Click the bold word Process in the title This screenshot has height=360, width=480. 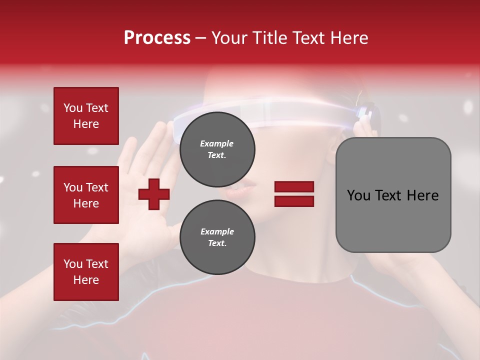(157, 38)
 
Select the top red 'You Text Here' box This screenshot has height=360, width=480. (86, 116)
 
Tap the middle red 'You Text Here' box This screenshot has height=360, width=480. (86, 195)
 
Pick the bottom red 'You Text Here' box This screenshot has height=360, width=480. (86, 271)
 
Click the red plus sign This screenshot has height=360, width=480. (154, 194)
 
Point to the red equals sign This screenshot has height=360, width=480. (294, 194)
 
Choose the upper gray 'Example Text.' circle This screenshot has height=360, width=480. (217, 149)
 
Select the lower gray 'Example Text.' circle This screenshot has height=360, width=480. (217, 237)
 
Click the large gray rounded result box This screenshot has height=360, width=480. (393, 195)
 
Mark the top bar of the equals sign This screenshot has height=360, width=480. (294, 187)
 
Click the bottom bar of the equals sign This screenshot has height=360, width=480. (294, 201)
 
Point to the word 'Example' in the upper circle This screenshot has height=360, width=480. (217, 143)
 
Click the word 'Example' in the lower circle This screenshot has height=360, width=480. (217, 231)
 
